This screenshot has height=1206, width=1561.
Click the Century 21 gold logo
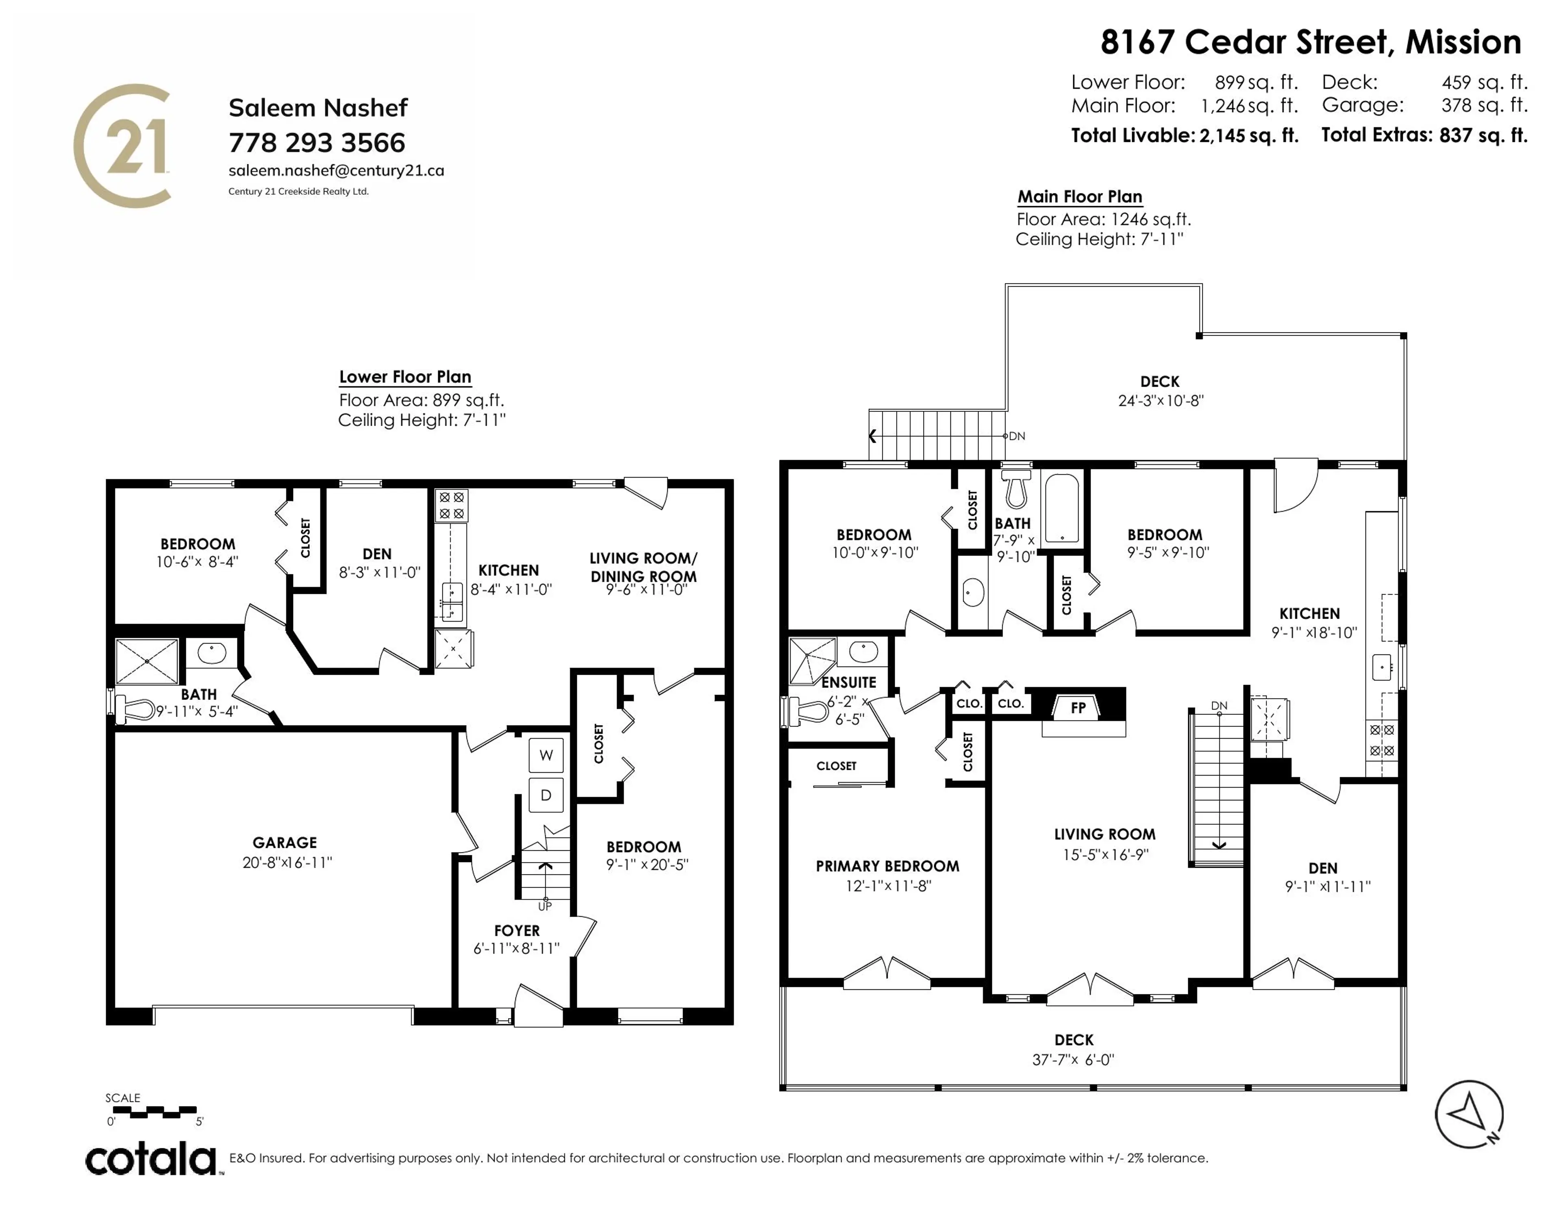click(x=123, y=146)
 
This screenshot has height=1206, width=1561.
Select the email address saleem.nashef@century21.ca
click(x=336, y=171)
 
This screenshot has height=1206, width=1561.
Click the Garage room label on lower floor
click(x=285, y=843)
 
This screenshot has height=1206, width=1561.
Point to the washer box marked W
click(x=546, y=755)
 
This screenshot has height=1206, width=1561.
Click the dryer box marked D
click(x=546, y=795)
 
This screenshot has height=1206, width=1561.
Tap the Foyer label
click(x=517, y=931)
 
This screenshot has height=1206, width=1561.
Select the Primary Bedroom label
click(x=887, y=867)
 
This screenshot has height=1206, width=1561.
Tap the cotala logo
click(x=152, y=1159)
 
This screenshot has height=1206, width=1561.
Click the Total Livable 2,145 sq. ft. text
click(x=1184, y=135)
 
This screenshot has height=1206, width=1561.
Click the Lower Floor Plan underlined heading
click(x=404, y=377)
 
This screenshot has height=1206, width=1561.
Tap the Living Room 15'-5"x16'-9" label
click(x=1104, y=843)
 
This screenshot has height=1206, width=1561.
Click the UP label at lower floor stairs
click(x=545, y=906)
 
